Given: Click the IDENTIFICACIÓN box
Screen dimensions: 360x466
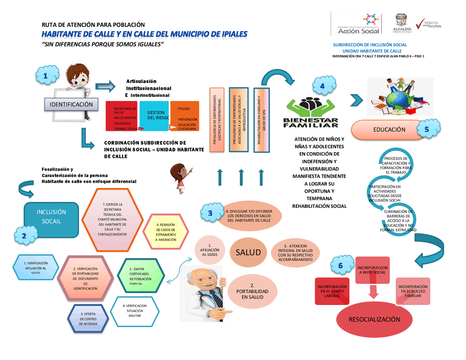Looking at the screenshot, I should tap(71, 104).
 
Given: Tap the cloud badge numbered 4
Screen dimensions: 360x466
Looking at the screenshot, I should tap(323, 86).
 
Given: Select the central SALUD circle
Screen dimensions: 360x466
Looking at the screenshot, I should tap(248, 252).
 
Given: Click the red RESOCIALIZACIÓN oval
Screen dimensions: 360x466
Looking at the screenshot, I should tap(374, 319).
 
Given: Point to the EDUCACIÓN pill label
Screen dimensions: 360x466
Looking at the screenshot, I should tap(389, 130).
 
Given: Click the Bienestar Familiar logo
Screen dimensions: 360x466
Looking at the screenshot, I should tap(311, 112).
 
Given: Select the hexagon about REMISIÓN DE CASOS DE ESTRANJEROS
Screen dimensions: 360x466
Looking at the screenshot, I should tap(166, 232).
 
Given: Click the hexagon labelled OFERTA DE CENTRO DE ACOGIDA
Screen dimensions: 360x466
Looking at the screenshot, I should tap(88, 319).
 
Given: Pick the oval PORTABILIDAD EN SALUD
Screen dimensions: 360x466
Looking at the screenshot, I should tap(252, 292).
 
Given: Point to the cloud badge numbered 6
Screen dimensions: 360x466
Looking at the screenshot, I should tap(341, 265).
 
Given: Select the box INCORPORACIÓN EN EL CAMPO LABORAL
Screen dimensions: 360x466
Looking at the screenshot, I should tap(332, 291).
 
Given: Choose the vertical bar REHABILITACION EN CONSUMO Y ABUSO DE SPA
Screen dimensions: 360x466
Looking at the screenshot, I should tap(261, 120).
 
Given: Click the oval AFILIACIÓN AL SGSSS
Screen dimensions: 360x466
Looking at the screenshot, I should tap(210, 250).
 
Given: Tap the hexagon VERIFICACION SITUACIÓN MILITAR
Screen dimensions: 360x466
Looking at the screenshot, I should tap(135, 311).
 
